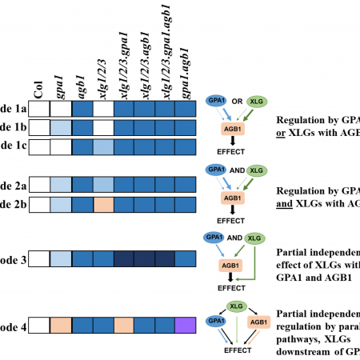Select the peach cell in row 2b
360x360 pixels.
click(103, 203)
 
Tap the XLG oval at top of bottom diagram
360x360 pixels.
click(236, 305)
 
